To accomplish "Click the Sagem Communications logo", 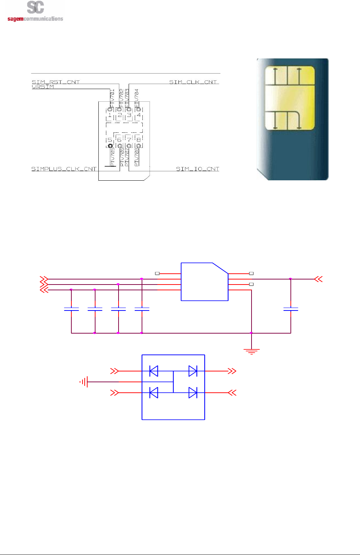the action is click(x=35, y=12).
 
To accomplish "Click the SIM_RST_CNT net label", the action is click(x=55, y=82).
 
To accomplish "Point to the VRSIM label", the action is click(x=43, y=87).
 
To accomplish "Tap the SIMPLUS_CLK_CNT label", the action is click(x=64, y=169).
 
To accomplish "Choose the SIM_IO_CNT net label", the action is click(x=197, y=169).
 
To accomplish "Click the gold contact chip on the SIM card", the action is click(x=290, y=98).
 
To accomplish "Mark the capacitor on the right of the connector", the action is click(x=290, y=309).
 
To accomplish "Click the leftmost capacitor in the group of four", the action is click(x=71, y=309).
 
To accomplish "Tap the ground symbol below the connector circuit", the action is click(x=251, y=351).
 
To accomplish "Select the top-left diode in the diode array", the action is click(x=154, y=371).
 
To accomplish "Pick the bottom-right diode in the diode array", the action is click(x=193, y=393).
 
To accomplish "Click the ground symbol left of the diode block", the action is click(x=84, y=382).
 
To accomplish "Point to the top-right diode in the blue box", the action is click(x=193, y=371).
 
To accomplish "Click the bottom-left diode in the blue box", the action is click(x=154, y=393).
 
